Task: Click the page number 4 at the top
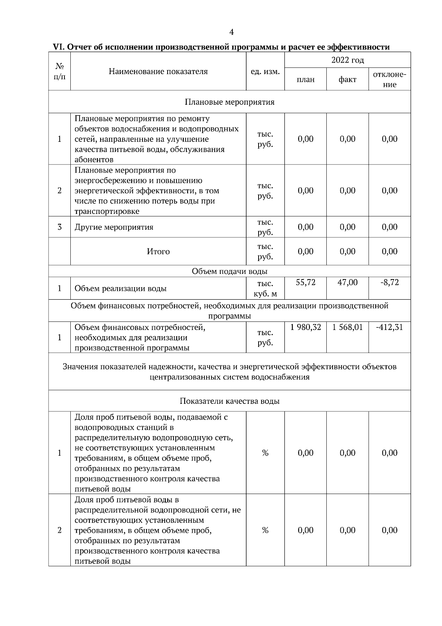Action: pyautogui.click(x=231, y=32)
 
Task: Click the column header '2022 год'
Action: pyautogui.click(x=347, y=60)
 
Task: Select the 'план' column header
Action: pyautogui.click(x=305, y=80)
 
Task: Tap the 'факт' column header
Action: pyautogui.click(x=347, y=80)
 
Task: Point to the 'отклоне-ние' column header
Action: pyautogui.click(x=389, y=79)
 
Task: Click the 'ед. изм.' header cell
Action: pyautogui.click(x=265, y=72)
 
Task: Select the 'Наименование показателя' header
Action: pyautogui.click(x=158, y=72)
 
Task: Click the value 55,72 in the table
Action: pyautogui.click(x=305, y=282)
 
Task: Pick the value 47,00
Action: pyautogui.click(x=347, y=282)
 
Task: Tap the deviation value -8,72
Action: pyautogui.click(x=389, y=282)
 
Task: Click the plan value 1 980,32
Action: pyautogui.click(x=305, y=327)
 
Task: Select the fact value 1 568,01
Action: pyautogui.click(x=347, y=327)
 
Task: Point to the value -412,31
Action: pyautogui.click(x=389, y=327)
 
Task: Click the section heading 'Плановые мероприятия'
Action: pyautogui.click(x=229, y=102)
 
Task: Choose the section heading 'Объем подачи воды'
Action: pyautogui.click(x=229, y=271)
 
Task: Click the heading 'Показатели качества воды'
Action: pyautogui.click(x=229, y=401)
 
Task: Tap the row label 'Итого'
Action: pyautogui.click(x=158, y=251)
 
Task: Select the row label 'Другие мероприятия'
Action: pyautogui.click(x=114, y=227)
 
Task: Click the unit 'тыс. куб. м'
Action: pyautogui.click(x=265, y=289)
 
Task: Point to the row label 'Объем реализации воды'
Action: pyautogui.click(x=120, y=289)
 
